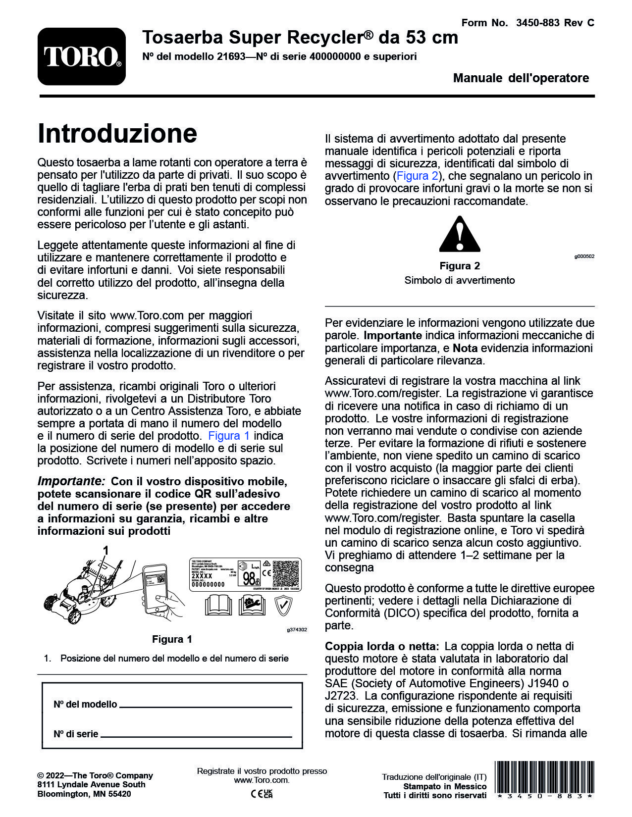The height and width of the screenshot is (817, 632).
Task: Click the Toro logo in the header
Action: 82,56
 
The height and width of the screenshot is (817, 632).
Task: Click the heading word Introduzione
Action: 117,133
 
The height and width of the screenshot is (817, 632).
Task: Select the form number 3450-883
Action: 537,23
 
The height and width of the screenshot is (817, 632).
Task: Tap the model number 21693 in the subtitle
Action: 231,56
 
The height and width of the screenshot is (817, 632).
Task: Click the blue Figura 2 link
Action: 418,176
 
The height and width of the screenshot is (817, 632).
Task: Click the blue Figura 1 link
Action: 229,436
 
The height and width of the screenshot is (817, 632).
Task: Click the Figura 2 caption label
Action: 460,266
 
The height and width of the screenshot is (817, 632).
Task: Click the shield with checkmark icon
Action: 282,605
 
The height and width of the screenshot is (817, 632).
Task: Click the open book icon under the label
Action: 218,605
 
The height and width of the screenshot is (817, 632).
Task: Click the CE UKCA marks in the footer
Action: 262,794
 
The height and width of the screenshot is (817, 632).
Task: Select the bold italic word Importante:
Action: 71,481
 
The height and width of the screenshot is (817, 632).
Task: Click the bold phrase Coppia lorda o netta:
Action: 382,646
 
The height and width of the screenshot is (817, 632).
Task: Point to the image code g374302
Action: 297,630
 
